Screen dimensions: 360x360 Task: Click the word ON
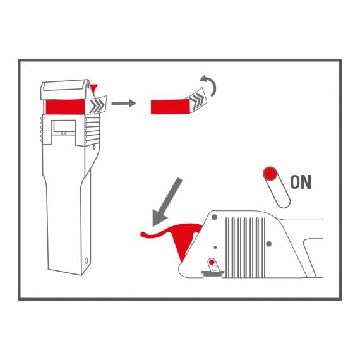click(x=301, y=182)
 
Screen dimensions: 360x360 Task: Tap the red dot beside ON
click(x=270, y=174)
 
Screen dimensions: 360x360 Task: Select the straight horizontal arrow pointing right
click(x=124, y=104)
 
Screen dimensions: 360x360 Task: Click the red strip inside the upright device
click(x=65, y=106)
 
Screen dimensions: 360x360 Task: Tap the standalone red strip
click(x=171, y=107)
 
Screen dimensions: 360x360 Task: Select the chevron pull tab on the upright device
click(x=96, y=105)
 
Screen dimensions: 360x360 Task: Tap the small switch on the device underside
click(x=213, y=267)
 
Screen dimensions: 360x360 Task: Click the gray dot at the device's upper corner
click(x=215, y=217)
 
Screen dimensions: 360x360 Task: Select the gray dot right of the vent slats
click(x=268, y=244)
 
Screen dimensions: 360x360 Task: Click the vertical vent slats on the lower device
click(x=245, y=248)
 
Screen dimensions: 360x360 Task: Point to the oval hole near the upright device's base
click(x=87, y=261)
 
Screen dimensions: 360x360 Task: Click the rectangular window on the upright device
click(x=64, y=127)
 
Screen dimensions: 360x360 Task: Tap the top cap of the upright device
click(x=65, y=90)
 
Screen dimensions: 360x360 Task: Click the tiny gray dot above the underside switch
click(x=215, y=248)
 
